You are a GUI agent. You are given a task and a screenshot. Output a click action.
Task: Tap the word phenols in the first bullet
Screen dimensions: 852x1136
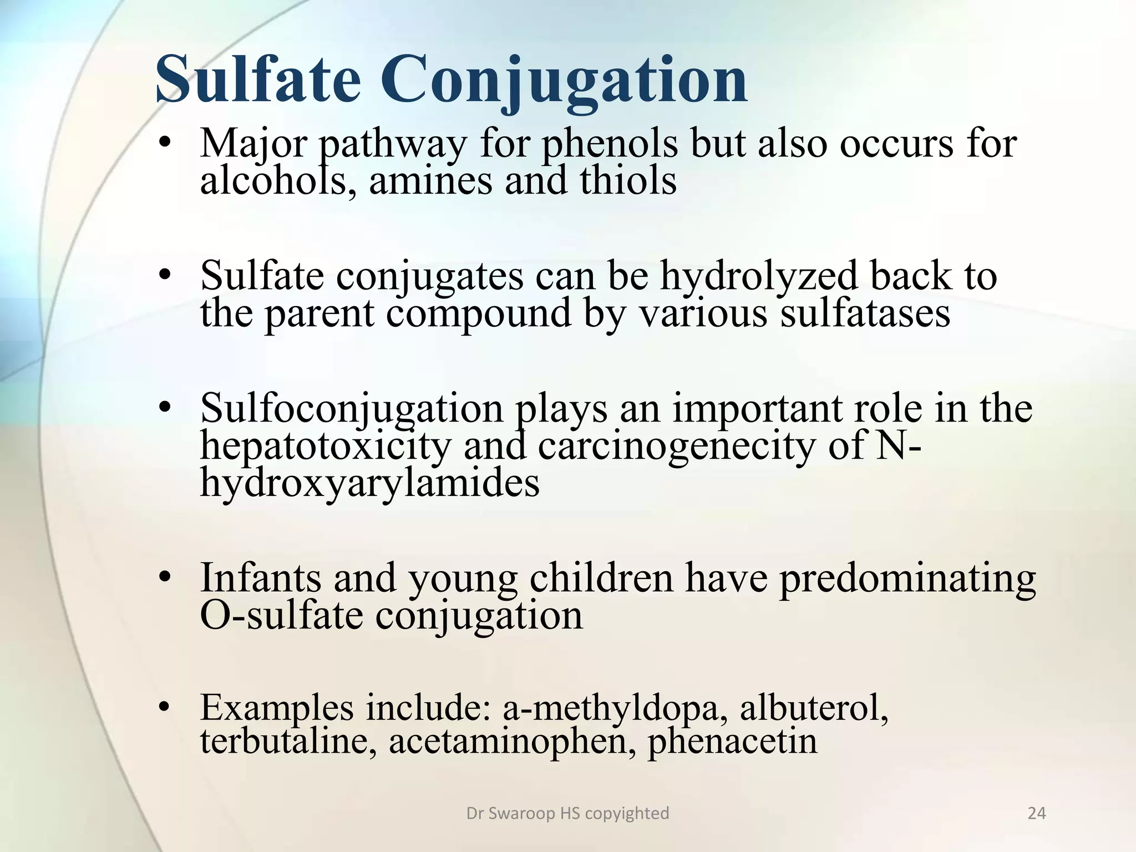click(x=609, y=144)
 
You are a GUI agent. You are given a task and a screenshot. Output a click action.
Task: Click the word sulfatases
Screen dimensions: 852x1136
click(x=865, y=313)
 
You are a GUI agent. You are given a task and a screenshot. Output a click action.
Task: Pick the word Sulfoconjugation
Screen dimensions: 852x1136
click(x=352, y=409)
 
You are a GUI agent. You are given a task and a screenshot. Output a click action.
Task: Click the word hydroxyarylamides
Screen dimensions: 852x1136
click(x=369, y=483)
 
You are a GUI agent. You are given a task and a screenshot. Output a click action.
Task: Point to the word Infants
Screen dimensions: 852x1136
click(x=261, y=578)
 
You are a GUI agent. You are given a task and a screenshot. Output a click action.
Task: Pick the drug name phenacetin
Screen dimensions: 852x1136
click(x=732, y=742)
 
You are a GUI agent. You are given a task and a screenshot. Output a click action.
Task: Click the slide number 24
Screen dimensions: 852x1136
click(x=1036, y=813)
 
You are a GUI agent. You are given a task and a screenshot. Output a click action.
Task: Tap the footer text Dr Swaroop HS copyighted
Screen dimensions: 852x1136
click(x=567, y=813)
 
